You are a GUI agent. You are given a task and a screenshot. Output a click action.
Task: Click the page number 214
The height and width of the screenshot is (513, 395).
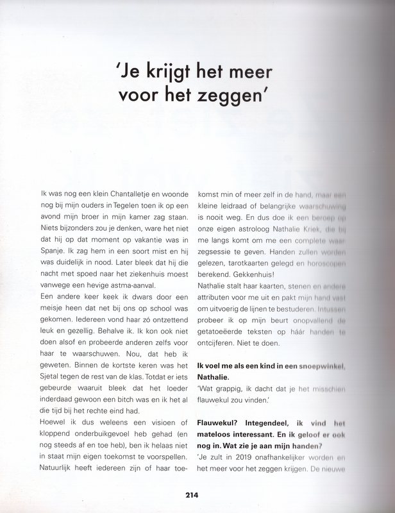[197, 495]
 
